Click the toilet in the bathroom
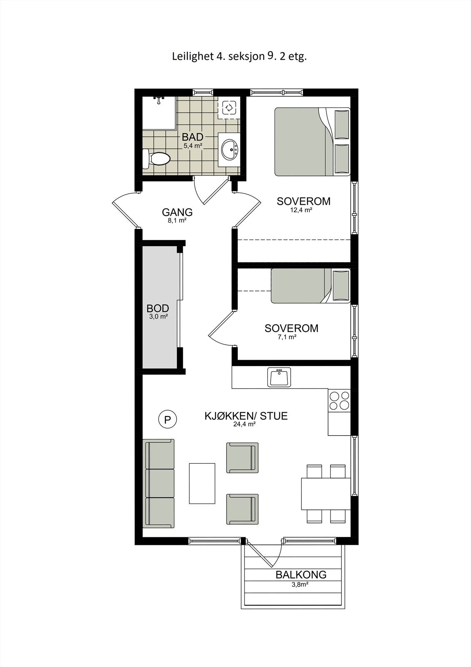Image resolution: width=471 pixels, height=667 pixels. tap(157, 159)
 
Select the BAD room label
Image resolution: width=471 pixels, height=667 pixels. tap(192, 137)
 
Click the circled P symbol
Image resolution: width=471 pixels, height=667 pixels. tap(167, 419)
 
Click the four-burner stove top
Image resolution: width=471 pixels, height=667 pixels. tap(339, 400)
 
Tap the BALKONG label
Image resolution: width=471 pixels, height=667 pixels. tap(301, 574)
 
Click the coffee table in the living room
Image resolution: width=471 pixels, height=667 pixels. tap(202, 483)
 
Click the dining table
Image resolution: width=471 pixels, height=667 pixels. tap(326, 494)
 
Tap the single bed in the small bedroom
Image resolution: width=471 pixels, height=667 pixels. tap(310, 286)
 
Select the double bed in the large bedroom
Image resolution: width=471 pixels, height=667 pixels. tap(312, 141)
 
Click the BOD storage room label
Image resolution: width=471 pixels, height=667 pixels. tap(158, 308)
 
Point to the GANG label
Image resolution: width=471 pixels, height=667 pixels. tap(177, 212)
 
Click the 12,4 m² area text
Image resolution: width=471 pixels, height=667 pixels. tap(301, 211)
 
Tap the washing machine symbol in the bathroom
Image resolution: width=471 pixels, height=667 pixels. tap(229, 108)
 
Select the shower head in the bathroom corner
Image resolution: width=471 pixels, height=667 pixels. tap(159, 100)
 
